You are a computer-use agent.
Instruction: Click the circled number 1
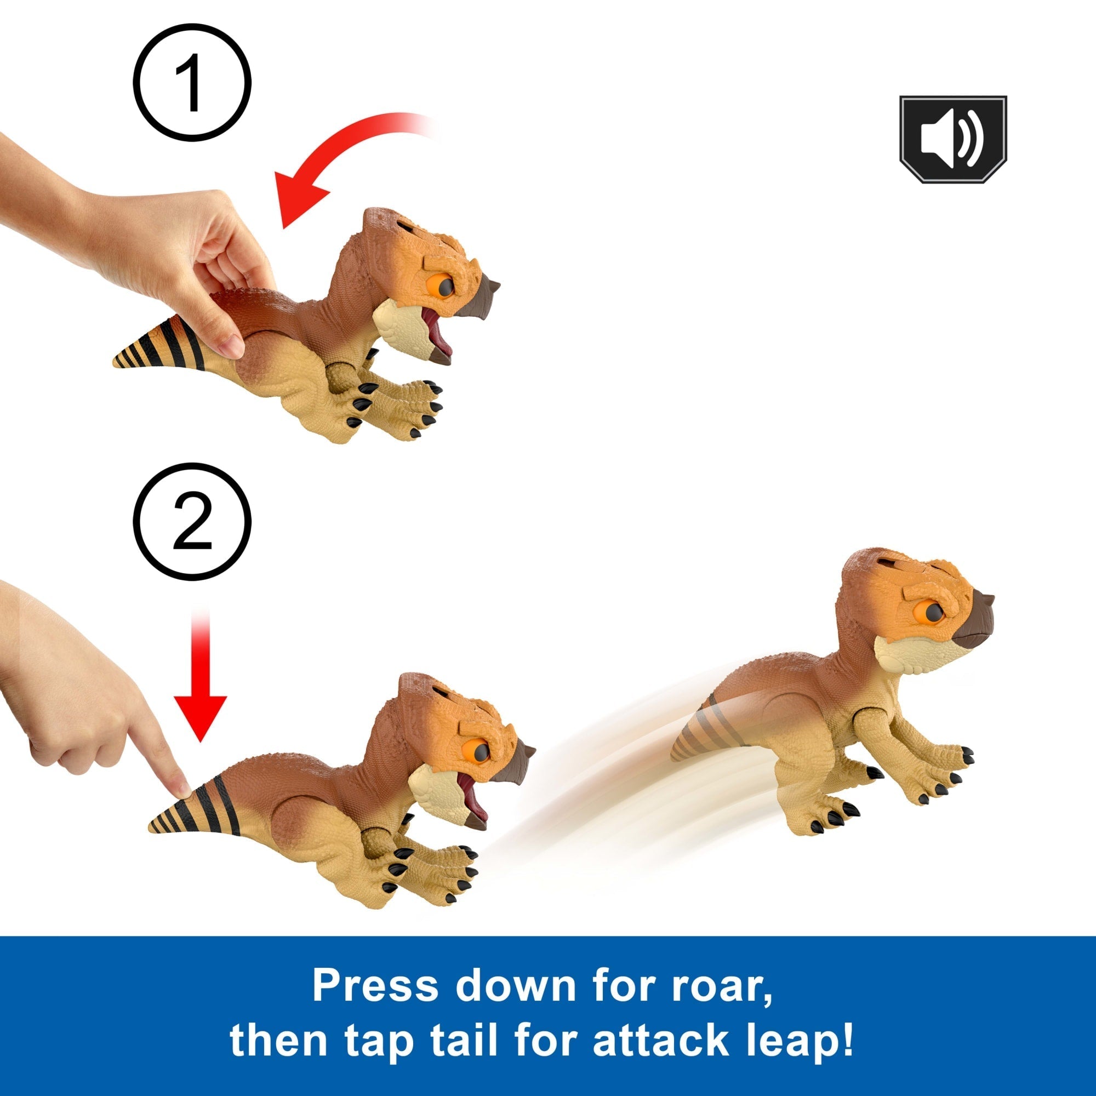point(192,82)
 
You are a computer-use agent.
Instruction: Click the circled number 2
point(192,521)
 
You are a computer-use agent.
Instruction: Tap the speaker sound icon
point(953,140)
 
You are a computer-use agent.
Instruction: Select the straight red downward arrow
point(200,676)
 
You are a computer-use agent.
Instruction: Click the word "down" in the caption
point(516,985)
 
